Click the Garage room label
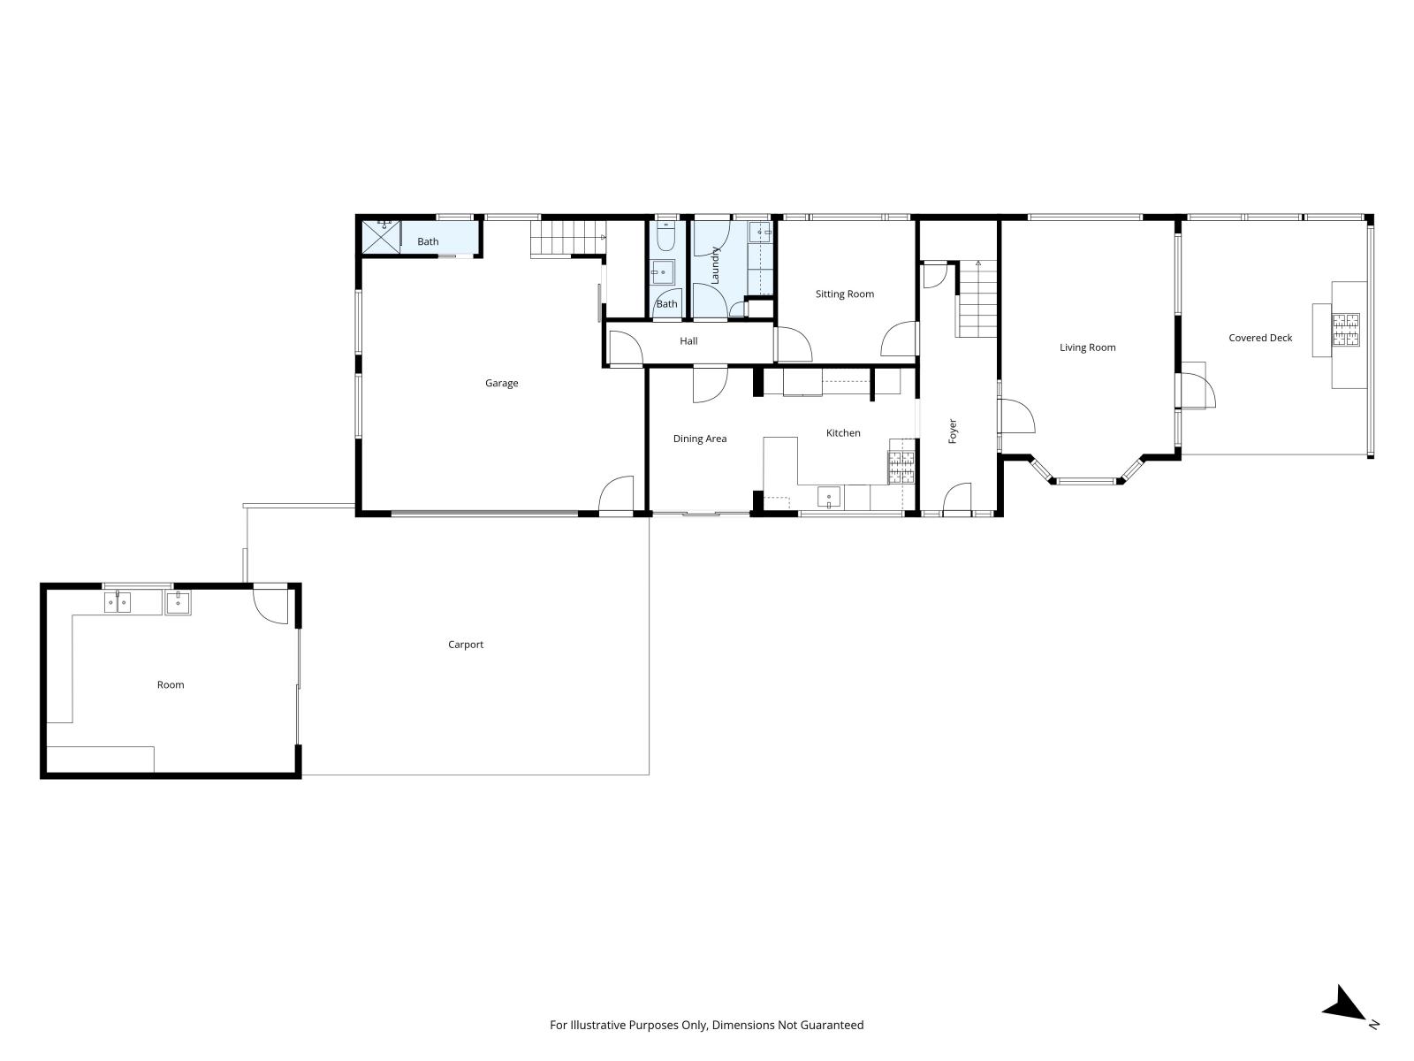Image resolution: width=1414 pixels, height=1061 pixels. (501, 384)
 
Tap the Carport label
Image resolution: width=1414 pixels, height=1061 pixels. (465, 645)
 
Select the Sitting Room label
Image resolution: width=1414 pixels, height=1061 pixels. (845, 294)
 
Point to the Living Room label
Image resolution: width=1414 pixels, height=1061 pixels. (1087, 347)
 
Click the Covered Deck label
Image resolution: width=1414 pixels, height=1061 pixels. (1260, 338)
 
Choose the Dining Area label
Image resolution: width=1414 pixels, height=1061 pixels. (700, 439)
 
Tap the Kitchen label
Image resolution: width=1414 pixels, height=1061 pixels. (843, 433)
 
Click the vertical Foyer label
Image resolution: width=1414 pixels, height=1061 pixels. (953, 431)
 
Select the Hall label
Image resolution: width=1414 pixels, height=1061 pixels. (688, 340)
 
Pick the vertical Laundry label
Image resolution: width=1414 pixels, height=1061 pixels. (714, 264)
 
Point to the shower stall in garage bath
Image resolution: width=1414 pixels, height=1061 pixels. (381, 236)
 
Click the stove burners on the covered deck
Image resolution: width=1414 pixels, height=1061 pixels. (1346, 329)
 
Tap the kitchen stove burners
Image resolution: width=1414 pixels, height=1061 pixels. (902, 467)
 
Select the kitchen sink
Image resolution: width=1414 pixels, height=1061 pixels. (828, 497)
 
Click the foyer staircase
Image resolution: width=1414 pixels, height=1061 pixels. (977, 299)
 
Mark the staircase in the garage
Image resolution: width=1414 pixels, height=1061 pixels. (567, 237)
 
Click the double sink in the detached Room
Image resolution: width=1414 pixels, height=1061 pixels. (118, 602)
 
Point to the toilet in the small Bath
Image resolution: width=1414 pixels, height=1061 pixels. (665, 237)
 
